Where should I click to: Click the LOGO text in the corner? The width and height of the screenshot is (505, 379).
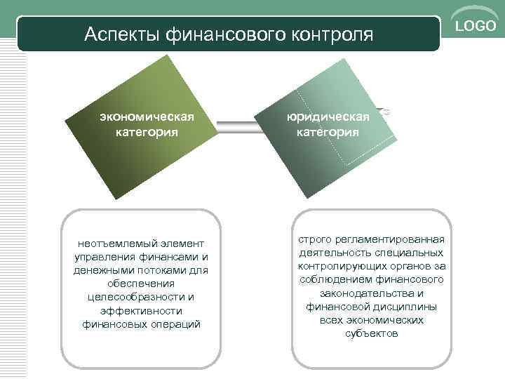476,26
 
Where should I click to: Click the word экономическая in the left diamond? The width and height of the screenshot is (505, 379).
147,118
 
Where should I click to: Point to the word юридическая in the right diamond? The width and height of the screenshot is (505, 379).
328,118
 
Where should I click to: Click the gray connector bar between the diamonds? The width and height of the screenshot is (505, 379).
238,125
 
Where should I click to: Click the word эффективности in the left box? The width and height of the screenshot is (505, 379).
142,310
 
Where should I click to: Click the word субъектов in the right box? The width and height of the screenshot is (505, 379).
372,333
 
